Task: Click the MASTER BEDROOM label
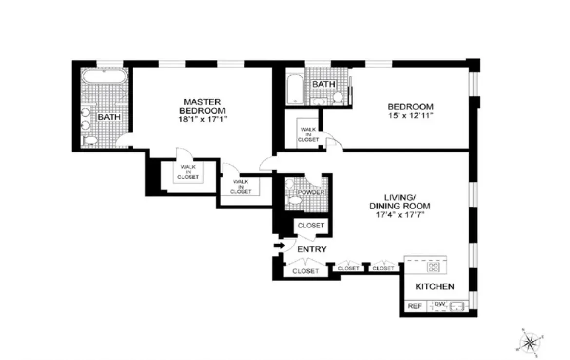point(202,106)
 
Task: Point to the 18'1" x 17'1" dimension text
point(202,119)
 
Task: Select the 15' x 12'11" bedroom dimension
point(410,115)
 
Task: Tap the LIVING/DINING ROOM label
point(400,201)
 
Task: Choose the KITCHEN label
point(435,286)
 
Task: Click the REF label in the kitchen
point(414,306)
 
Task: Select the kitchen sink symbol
point(457,306)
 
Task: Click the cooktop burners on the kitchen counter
point(433,266)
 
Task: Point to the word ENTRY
point(312,249)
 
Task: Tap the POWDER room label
point(311,192)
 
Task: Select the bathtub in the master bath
point(105,77)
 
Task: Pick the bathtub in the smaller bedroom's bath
point(294,89)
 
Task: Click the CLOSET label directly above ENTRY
point(311,226)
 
